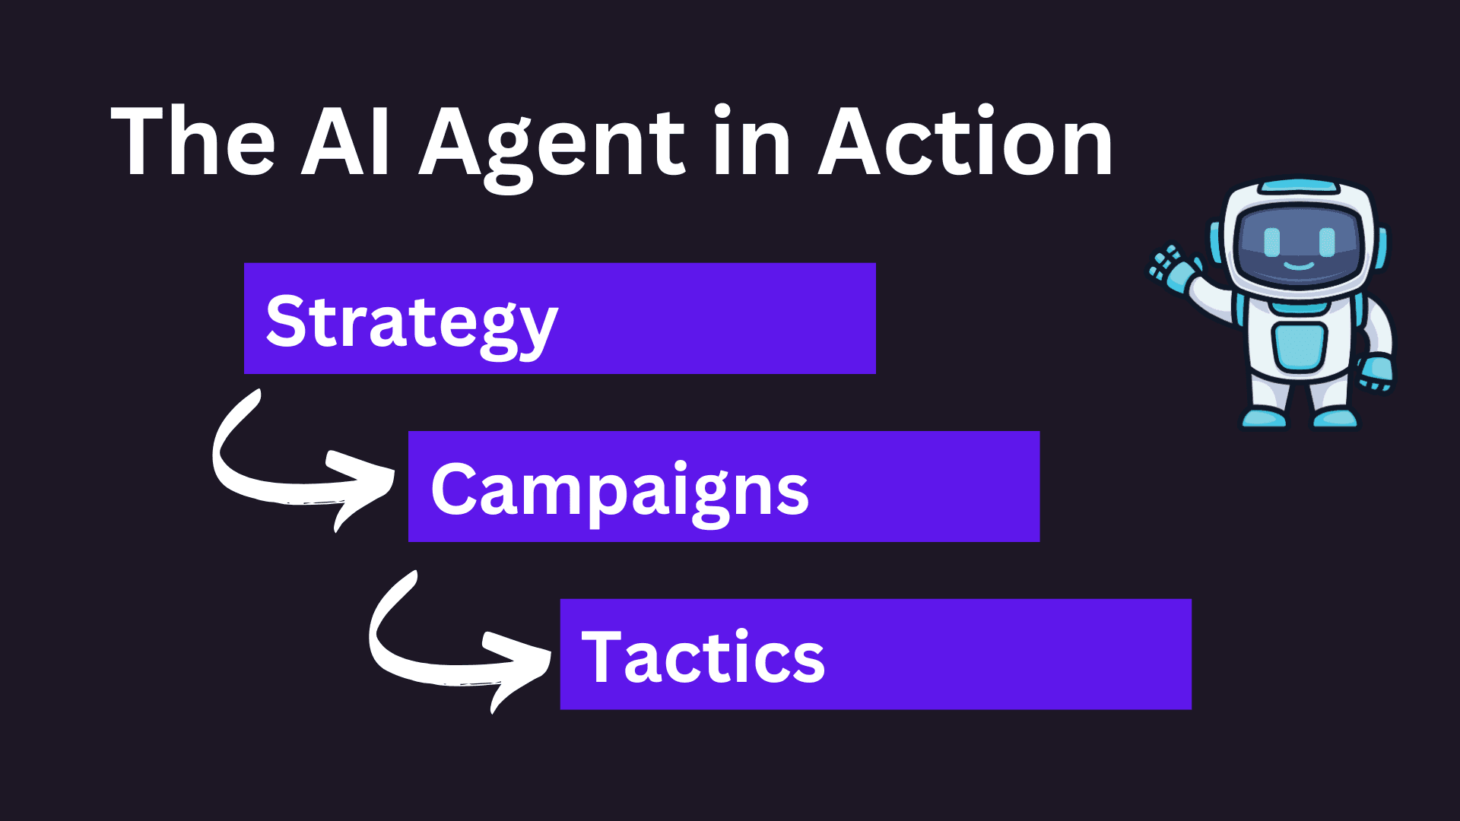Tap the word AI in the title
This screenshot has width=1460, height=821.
pos(346,142)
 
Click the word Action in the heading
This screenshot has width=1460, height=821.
pos(965,142)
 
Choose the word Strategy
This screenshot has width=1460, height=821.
pos(411,323)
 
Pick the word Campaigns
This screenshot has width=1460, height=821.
pos(620,491)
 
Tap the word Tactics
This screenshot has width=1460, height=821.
pos(703,658)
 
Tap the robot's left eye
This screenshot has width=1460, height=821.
pos(1271,242)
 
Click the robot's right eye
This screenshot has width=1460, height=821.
pos(1328,242)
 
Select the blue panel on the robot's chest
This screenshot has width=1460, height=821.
pos(1300,346)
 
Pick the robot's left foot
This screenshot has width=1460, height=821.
pos(1264,417)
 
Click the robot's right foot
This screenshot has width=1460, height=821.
pos(1335,417)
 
